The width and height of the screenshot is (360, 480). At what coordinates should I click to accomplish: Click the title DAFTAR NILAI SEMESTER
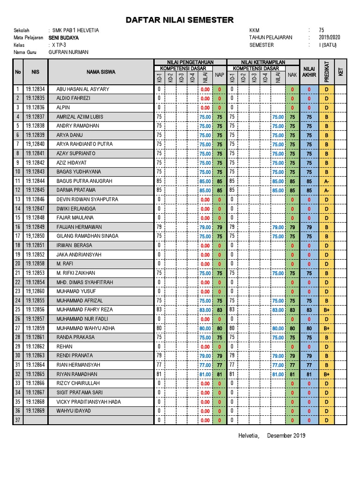click(x=180, y=20)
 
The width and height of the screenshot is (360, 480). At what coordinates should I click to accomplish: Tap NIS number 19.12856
click(x=35, y=310)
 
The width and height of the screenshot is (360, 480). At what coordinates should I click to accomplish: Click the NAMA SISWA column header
click(x=100, y=72)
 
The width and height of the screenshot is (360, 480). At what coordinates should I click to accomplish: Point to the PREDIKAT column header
click(x=326, y=72)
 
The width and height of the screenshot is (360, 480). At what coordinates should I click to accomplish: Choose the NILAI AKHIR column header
click(x=309, y=72)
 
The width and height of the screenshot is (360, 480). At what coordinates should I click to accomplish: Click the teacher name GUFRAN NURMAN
click(x=68, y=52)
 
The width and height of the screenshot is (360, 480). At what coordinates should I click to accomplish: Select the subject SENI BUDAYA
click(x=63, y=37)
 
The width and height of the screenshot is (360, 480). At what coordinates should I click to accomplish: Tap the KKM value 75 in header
click(x=321, y=30)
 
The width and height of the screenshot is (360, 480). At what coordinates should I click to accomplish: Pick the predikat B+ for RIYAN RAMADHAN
click(x=326, y=375)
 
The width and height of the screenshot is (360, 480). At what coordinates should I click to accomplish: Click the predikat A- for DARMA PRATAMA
click(x=326, y=190)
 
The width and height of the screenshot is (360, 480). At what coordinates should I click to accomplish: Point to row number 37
click(x=18, y=420)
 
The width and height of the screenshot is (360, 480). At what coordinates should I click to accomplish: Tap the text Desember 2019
click(x=286, y=435)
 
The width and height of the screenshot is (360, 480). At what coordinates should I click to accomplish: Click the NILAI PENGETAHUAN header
click(x=190, y=62)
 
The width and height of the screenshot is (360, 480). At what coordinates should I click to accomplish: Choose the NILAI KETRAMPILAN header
click(x=263, y=62)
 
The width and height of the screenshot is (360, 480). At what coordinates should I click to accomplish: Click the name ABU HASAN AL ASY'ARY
click(x=82, y=89)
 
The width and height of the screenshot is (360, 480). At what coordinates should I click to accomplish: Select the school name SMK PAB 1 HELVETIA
click(x=75, y=30)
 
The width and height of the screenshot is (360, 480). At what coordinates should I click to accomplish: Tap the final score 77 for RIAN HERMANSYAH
click(x=309, y=365)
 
